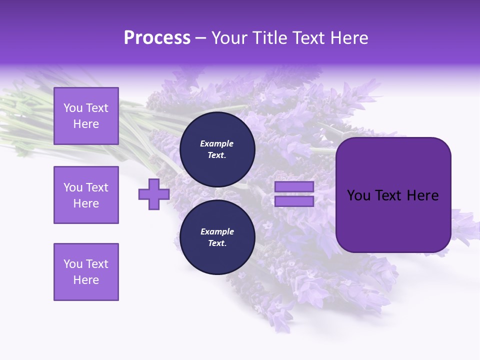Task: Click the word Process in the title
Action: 157,38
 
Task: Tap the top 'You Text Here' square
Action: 86,116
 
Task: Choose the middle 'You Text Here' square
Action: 86,195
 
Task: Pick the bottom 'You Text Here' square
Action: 86,272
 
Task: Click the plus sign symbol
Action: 154,194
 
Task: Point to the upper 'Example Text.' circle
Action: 217,149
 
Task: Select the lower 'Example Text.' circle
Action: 217,237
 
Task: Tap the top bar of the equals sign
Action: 294,187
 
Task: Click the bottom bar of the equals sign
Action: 294,201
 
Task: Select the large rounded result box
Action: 393,195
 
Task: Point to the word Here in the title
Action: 349,38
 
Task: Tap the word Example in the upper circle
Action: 217,143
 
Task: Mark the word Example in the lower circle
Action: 217,231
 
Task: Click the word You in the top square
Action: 73,108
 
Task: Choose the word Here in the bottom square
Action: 86,280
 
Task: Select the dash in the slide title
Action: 201,38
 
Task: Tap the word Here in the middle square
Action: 86,203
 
